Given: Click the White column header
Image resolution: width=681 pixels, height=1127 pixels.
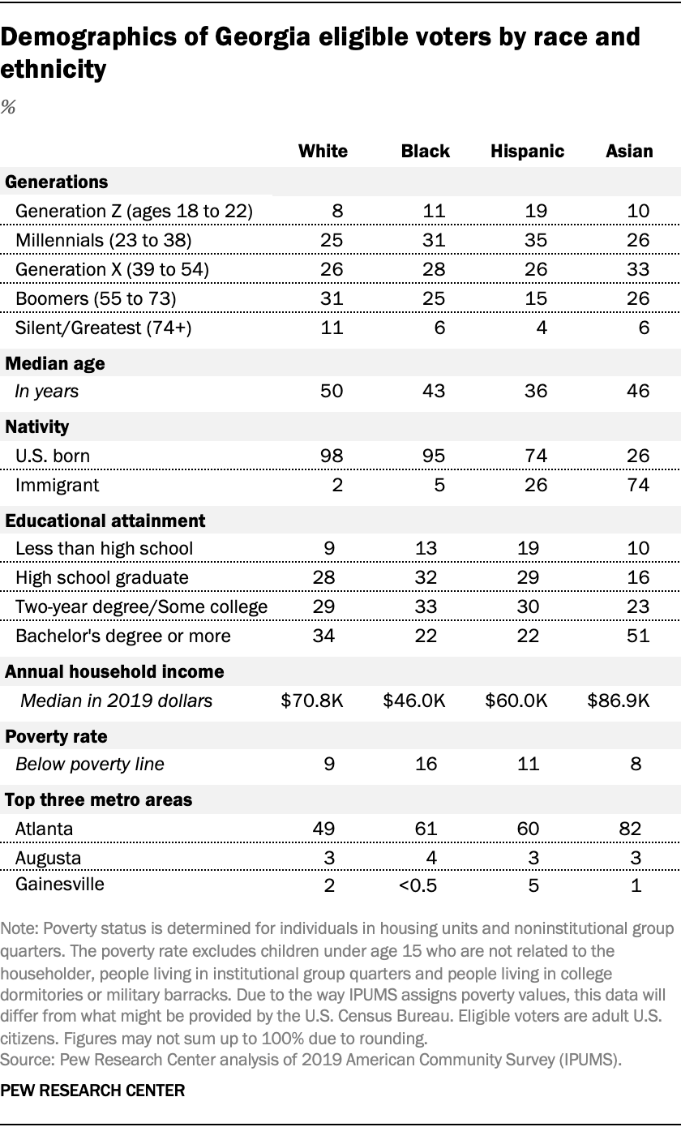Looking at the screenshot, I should [x=323, y=152].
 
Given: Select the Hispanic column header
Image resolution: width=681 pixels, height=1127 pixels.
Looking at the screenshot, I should [x=527, y=152].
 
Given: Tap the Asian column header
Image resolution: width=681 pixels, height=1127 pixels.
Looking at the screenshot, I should [x=629, y=152].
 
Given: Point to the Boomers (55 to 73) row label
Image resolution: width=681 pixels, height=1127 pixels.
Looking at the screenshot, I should [x=96, y=298].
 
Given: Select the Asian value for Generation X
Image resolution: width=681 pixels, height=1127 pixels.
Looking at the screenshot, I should [x=638, y=269].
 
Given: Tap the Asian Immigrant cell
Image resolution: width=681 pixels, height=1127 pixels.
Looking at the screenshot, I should [x=638, y=485].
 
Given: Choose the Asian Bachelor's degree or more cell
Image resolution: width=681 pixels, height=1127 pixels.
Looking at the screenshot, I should [x=638, y=636].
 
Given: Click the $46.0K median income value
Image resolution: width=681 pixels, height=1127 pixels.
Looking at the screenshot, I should [x=413, y=701].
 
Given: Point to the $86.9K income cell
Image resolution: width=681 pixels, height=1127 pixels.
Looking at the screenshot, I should [x=619, y=701].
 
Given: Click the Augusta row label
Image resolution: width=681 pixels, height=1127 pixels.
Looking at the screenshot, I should [x=48, y=857].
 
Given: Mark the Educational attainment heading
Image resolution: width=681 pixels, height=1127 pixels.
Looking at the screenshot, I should [x=105, y=520].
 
